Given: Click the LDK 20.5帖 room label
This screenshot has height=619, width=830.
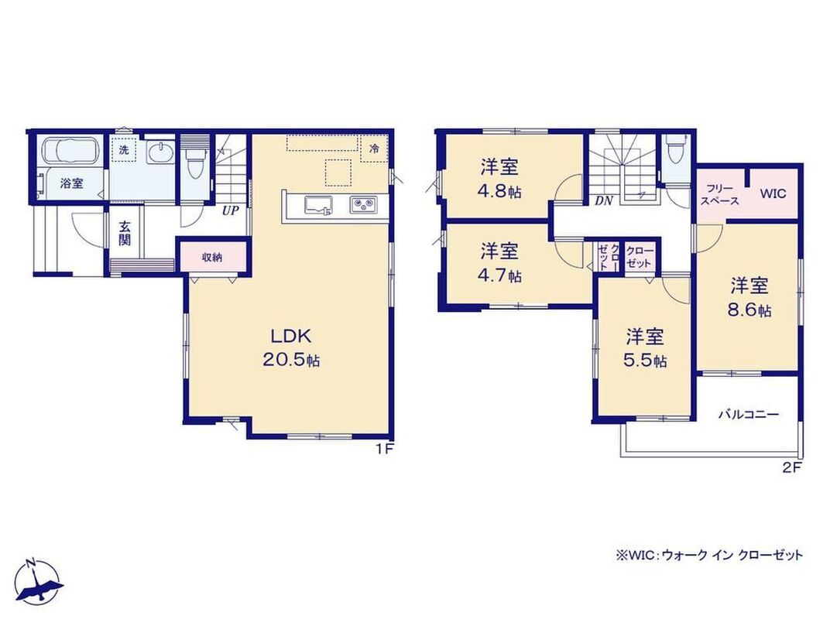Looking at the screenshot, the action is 290,347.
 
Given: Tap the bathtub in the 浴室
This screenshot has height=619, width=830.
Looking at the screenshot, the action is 71,152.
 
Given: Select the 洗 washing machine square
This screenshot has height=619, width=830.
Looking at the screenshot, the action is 124,149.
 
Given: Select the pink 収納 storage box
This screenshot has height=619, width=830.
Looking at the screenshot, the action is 211,258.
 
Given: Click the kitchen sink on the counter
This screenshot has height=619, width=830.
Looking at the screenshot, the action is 319,205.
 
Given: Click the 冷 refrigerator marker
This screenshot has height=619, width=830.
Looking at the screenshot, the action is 375,149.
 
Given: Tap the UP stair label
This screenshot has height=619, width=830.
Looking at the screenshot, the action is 230,210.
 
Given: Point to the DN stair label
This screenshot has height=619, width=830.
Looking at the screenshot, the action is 603,200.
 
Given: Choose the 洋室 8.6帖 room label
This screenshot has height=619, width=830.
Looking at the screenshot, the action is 749,297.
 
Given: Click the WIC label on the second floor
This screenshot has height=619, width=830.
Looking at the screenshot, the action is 773,193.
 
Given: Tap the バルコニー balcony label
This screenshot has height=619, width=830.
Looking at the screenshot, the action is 749,414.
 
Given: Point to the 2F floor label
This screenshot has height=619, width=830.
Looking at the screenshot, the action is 792,467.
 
